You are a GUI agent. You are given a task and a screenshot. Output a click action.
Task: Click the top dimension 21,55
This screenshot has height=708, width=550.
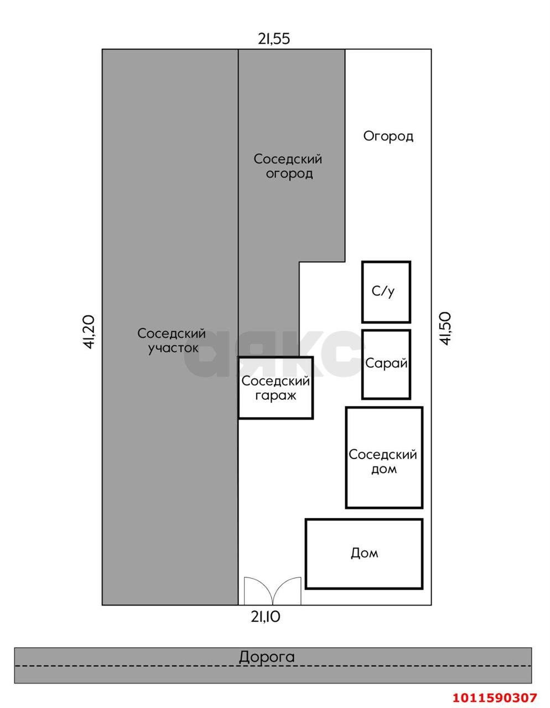pos(274,39)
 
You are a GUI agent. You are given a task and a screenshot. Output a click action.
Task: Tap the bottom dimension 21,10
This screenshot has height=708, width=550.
pos(266,616)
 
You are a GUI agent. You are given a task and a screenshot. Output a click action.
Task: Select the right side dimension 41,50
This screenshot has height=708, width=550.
pos(446,329)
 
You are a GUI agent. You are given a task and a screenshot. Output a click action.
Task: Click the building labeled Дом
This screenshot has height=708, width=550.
pos(364,554)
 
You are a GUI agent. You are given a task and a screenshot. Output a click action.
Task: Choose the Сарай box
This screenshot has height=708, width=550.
pos(386,364)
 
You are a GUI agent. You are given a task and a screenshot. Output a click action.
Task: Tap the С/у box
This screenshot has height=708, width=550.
pos(386,291)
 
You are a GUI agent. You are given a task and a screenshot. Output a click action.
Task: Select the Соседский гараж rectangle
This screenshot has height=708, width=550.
pos(276,387)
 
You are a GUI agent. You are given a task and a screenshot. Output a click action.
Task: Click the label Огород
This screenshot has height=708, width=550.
pos(388,136)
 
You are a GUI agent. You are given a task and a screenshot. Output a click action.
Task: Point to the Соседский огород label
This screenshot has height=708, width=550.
pos(288,166)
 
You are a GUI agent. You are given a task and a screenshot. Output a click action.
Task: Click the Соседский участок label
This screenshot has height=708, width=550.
pos(172,341)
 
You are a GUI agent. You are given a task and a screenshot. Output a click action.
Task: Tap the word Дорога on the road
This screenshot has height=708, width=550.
pos(267,657)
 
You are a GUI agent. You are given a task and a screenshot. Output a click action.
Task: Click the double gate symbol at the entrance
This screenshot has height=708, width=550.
pos(273,591)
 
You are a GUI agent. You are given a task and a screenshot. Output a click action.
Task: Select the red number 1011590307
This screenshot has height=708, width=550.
pos(495,697)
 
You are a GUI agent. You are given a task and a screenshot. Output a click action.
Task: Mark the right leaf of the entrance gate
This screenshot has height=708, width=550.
pos(287,591)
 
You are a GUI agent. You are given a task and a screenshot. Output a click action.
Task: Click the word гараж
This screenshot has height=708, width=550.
pos(276,395)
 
